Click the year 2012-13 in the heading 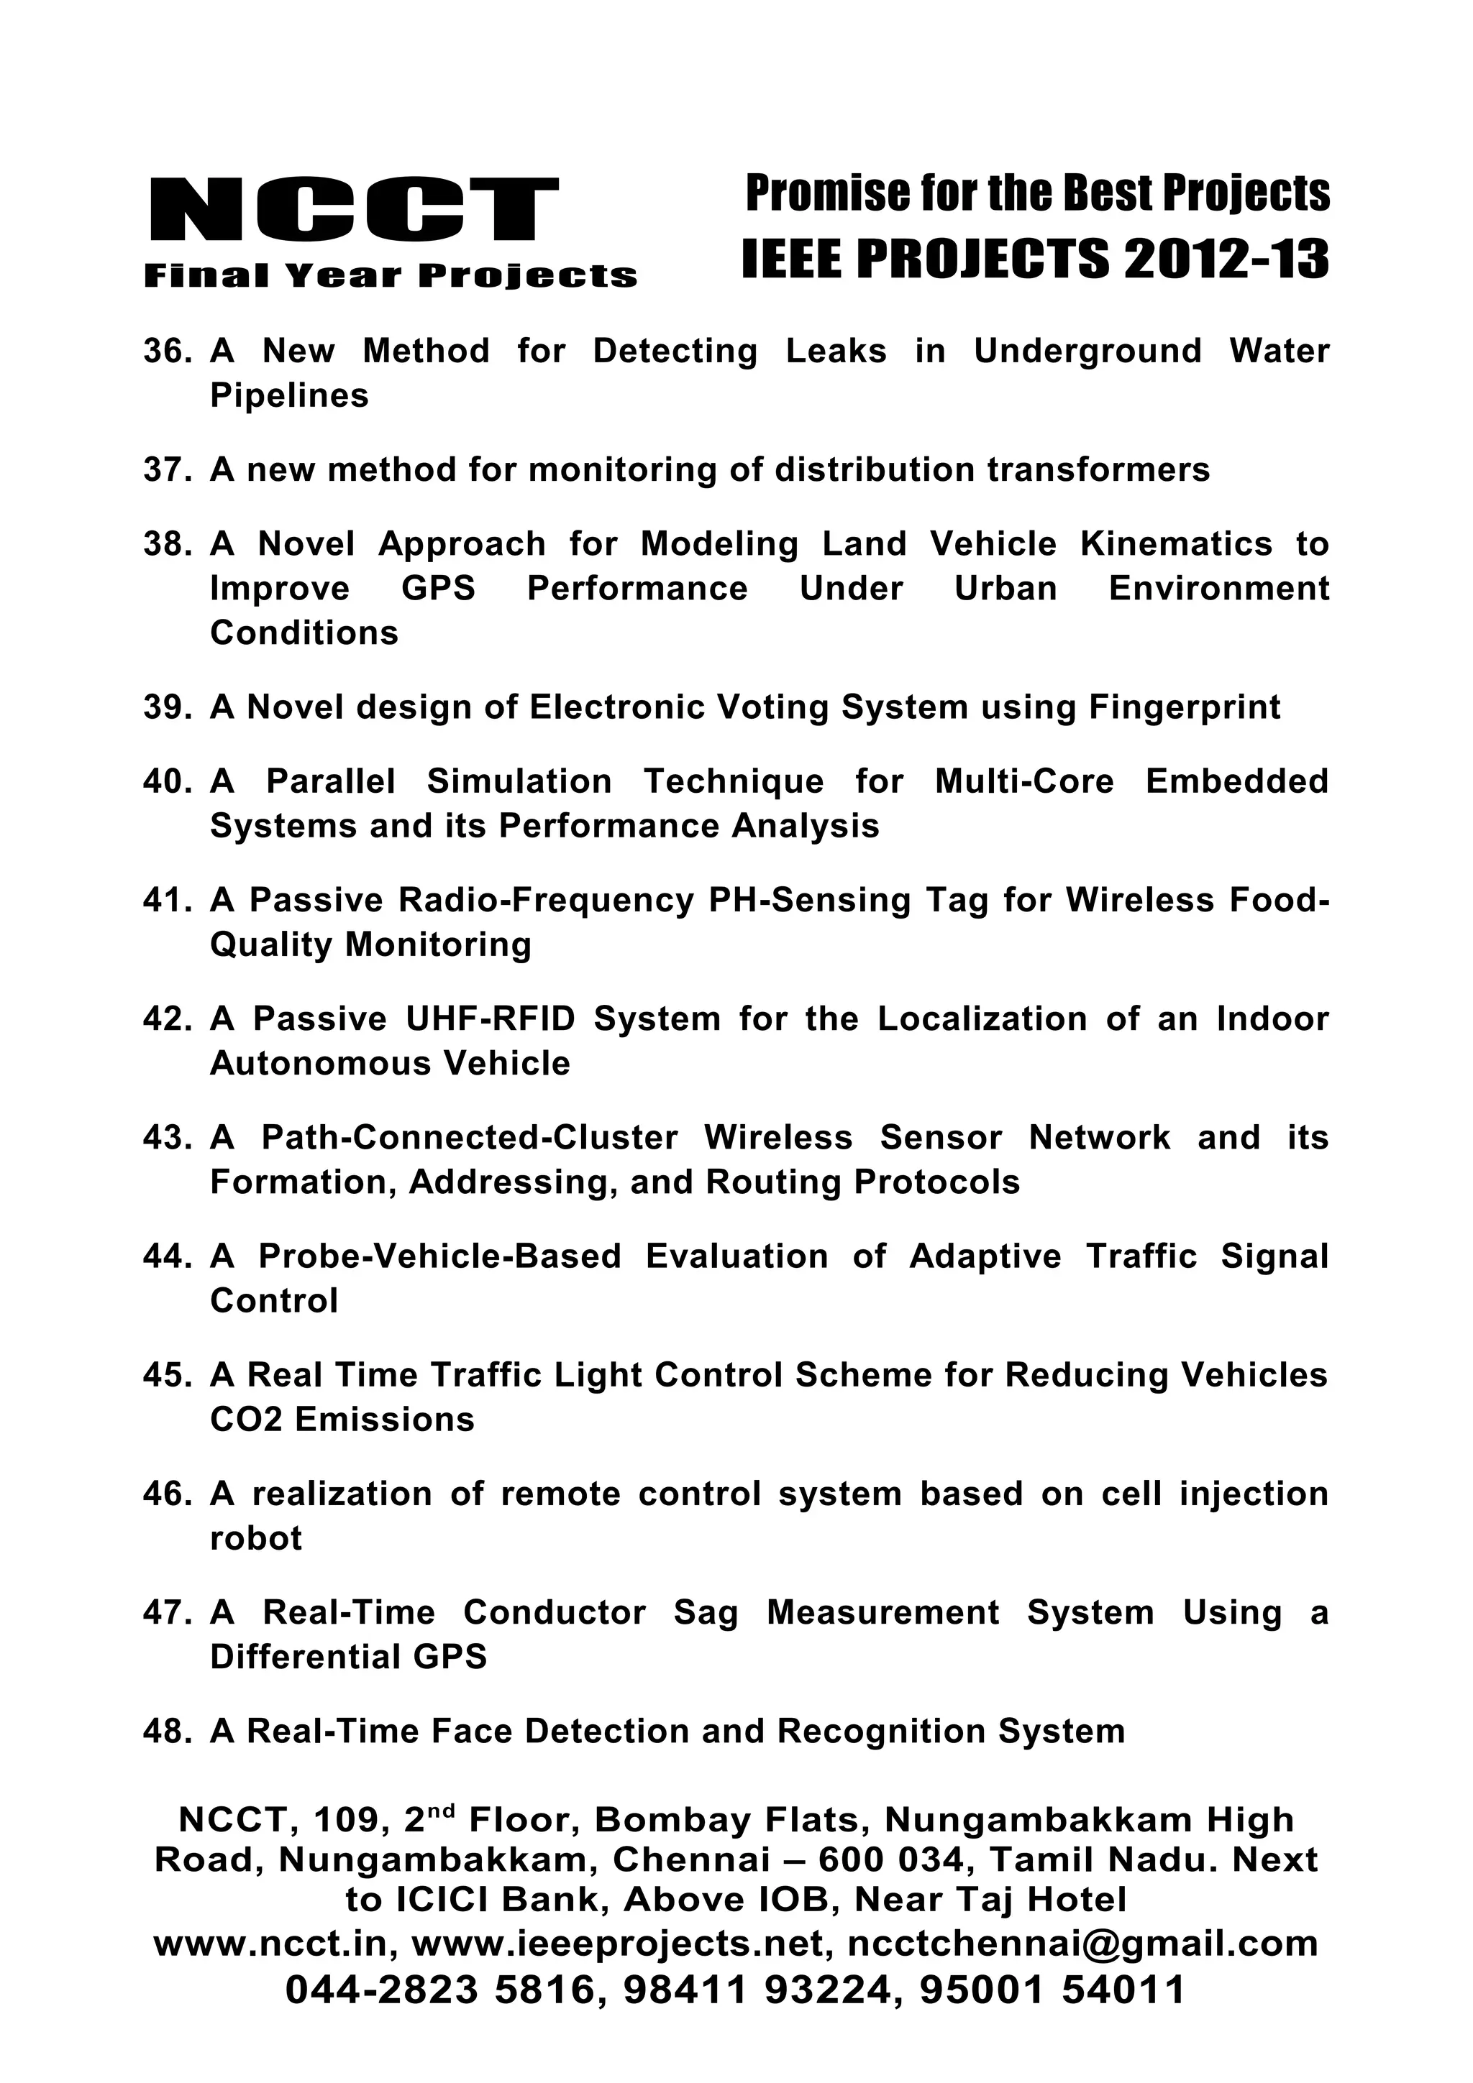(1226, 259)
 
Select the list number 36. (166, 351)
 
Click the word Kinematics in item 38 (1175, 543)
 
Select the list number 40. (166, 781)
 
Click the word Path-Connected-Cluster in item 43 (469, 1138)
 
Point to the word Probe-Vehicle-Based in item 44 (440, 1256)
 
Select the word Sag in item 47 (705, 1613)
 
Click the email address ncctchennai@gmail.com (1082, 1944)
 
